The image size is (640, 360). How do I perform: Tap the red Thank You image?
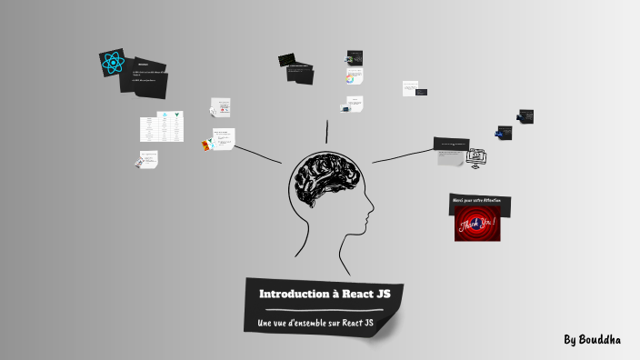coord(477,224)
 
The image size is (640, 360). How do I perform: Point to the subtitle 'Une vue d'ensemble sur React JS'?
coord(316,324)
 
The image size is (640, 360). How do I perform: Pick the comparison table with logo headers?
coord(162,127)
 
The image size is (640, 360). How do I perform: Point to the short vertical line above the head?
coord(325,131)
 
